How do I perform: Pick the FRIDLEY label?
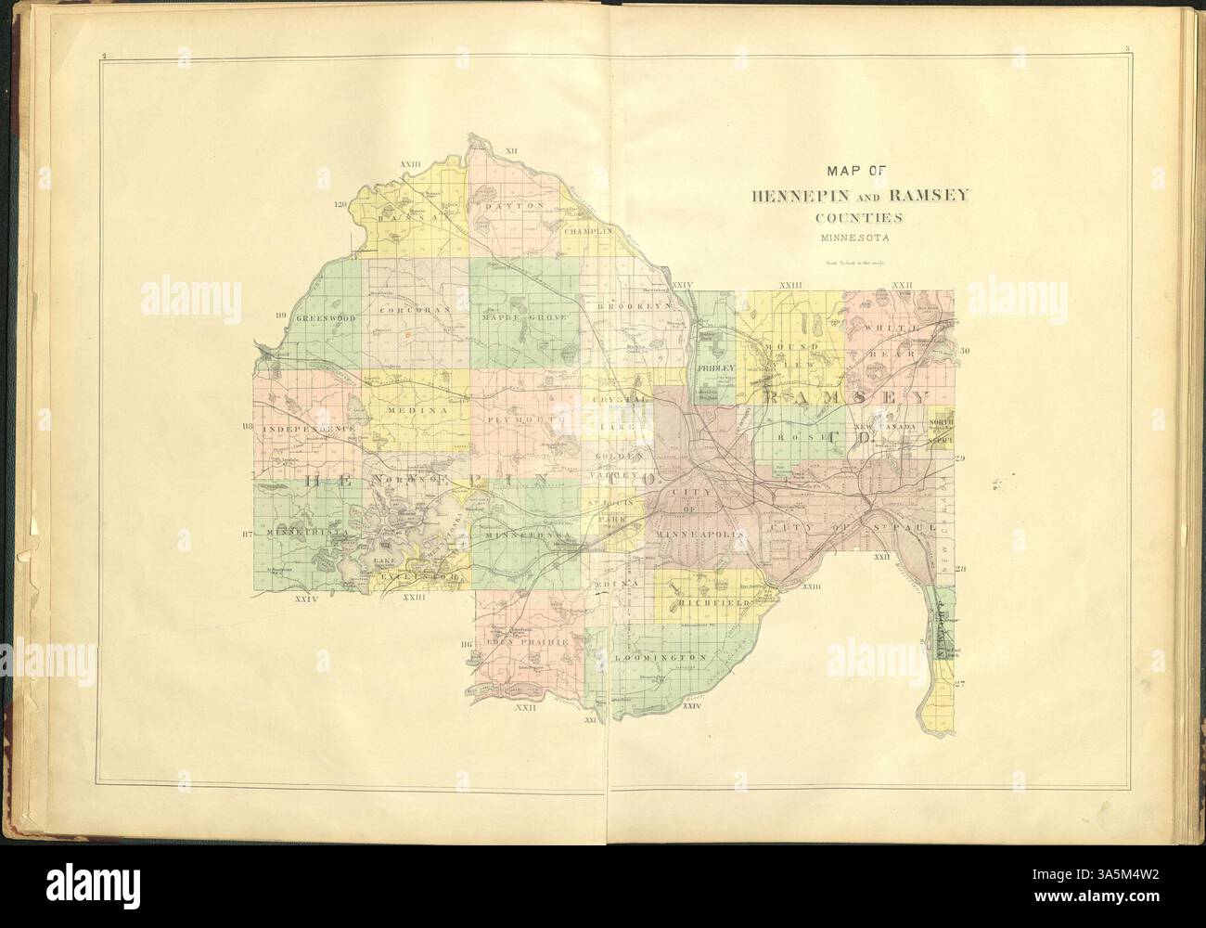click(x=715, y=368)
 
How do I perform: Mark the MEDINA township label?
click(x=417, y=409)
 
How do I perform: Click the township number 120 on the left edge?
click(x=340, y=204)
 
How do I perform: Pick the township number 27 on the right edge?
click(x=961, y=684)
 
